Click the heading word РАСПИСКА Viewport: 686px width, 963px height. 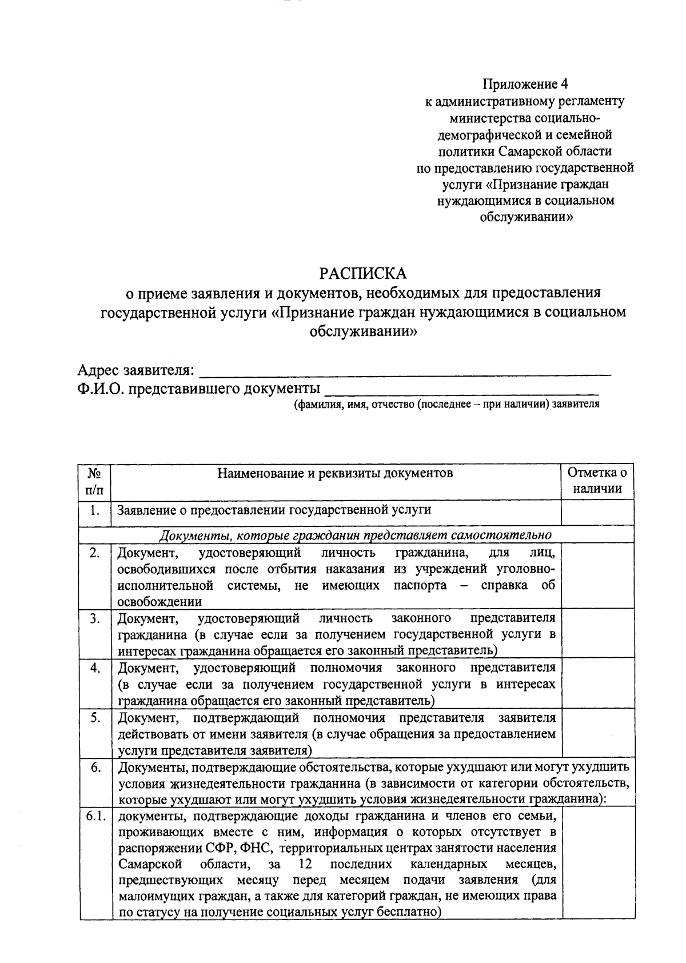[362, 273]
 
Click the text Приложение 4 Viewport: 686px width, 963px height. [525, 85]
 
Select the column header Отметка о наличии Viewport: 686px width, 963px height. [597, 481]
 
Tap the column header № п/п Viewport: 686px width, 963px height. [95, 481]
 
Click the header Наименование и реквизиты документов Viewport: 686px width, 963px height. [335, 473]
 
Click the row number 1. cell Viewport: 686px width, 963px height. [95, 510]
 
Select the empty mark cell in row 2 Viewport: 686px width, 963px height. [597, 575]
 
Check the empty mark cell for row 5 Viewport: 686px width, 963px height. [597, 734]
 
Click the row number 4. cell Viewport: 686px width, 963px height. [95, 668]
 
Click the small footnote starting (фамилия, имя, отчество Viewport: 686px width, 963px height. [446, 405]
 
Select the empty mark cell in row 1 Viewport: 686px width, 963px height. [597, 512]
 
